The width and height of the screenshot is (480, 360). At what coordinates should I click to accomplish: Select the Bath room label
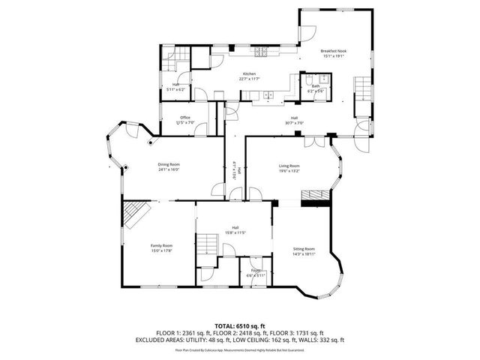pos(316,86)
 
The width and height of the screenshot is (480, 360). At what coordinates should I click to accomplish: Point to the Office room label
pos(184,117)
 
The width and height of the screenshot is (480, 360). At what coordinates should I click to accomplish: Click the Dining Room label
pos(169,164)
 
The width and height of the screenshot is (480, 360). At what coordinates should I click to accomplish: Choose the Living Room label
pos(289,166)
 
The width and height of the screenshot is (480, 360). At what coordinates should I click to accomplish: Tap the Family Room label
pos(161,245)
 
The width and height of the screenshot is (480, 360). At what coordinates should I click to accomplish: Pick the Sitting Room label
pos(304,248)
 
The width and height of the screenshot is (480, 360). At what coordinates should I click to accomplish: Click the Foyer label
pos(256,270)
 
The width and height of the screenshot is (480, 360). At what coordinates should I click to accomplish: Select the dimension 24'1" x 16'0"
pos(169,170)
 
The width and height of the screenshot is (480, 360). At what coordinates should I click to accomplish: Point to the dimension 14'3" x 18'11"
pos(304,254)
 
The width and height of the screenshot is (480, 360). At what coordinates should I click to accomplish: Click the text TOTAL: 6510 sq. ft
pos(239,325)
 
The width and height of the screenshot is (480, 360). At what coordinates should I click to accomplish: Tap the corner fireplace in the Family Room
pos(136,214)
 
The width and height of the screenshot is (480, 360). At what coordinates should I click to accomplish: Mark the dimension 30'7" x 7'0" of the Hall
pos(295,124)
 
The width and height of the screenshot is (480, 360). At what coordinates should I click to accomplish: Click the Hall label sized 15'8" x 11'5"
pos(235,227)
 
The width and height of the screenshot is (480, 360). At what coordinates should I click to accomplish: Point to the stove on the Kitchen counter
pos(262,52)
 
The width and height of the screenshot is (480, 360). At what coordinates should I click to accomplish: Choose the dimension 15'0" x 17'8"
pos(161,251)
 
